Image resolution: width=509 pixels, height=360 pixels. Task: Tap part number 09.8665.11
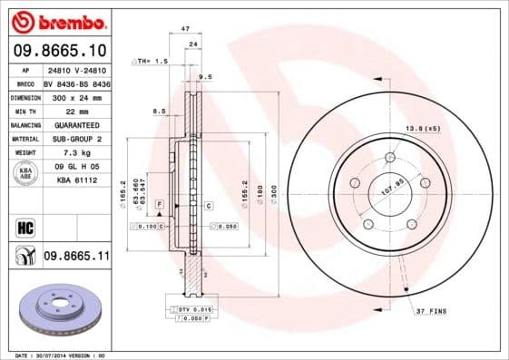click(x=76, y=258)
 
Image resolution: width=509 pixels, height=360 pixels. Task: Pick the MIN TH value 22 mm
click(x=76, y=111)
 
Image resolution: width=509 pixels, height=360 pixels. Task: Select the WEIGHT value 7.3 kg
click(x=76, y=153)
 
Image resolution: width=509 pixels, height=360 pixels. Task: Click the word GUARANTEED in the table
click(x=76, y=125)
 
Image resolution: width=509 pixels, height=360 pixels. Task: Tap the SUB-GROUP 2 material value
click(x=76, y=139)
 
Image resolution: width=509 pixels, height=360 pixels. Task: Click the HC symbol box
click(x=24, y=227)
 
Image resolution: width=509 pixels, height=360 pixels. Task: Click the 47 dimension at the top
click(x=185, y=29)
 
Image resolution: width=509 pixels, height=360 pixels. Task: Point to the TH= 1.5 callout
click(x=151, y=61)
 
